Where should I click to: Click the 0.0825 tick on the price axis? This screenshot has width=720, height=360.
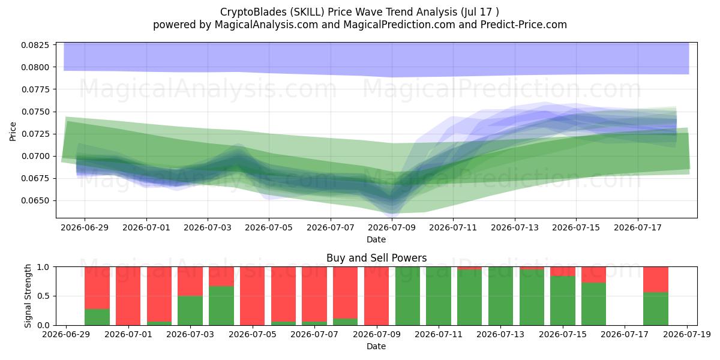coord(35,45)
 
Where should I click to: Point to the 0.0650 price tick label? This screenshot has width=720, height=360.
coord(35,200)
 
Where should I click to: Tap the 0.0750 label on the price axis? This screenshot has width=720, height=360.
coord(35,112)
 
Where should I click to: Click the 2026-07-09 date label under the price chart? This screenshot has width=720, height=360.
coord(391,227)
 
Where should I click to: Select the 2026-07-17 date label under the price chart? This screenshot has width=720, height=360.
coord(637,227)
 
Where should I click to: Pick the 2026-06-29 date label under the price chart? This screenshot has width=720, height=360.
coord(85,227)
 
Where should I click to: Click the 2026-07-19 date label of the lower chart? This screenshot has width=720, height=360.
coord(687,334)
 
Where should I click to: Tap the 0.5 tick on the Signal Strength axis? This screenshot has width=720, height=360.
coord(43,296)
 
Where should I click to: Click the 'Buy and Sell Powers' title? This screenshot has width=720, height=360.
coord(376,258)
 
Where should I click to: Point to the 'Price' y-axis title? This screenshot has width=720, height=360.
coord(13,131)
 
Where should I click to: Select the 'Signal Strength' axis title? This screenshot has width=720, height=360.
coord(28,296)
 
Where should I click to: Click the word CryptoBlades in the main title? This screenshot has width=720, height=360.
coord(253,12)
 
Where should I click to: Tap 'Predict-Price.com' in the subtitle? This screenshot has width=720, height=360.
coord(524,25)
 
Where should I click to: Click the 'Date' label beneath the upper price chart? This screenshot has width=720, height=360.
coord(376,239)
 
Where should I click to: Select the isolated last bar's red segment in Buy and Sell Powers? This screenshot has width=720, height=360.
coord(656,280)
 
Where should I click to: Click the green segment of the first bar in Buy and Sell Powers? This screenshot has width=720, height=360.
coord(97,317)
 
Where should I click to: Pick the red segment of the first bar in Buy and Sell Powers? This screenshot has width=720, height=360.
coord(97,287)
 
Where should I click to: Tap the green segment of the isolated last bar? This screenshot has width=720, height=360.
coord(656,308)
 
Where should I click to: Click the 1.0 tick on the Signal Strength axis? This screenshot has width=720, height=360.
coord(43,267)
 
